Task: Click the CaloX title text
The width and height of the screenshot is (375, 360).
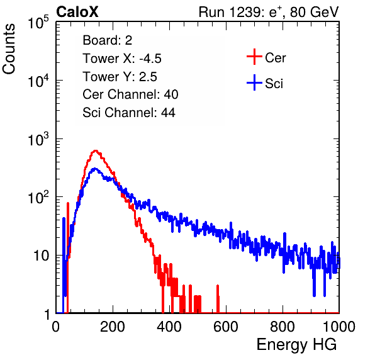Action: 77,12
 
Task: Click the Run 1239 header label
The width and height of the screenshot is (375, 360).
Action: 269,12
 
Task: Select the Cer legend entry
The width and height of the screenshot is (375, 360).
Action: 266,57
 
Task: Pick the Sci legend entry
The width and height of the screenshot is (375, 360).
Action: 265,83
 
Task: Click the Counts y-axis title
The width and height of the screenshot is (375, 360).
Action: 9,49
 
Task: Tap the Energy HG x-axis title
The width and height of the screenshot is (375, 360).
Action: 296,345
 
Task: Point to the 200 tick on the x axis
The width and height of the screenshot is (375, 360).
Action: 113,327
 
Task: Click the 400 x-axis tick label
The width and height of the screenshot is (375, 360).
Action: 169,327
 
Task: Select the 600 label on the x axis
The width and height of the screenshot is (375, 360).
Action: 226,327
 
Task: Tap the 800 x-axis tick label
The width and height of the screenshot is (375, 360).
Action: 283,327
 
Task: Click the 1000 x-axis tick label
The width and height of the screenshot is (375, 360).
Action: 339,327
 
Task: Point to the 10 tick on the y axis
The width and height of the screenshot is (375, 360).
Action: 41,256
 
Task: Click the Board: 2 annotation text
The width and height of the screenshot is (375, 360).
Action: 108,40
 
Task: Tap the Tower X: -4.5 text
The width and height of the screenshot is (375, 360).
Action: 122,59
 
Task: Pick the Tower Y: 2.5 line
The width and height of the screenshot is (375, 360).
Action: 120,77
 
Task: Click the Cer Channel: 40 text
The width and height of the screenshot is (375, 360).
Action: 130,94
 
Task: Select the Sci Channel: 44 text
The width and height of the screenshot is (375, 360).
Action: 129,113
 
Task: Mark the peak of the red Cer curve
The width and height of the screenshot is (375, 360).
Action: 96,150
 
